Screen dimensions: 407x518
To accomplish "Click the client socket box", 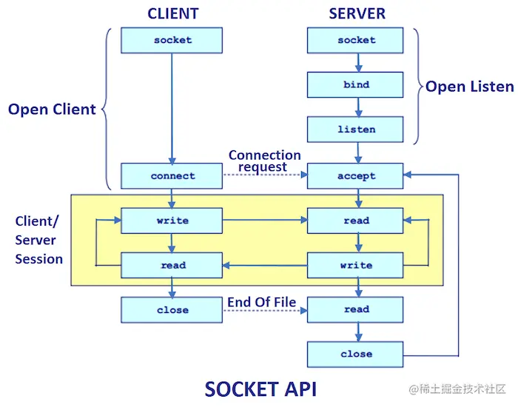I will (172, 40).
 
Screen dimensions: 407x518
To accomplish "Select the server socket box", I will (356, 40).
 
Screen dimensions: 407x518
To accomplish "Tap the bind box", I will (356, 85).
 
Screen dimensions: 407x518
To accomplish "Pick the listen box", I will (356, 129).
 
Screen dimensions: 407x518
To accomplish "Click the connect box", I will (172, 176).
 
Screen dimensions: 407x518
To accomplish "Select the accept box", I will (356, 176).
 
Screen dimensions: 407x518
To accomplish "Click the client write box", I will (172, 221).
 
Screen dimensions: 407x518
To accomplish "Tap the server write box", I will (356, 265).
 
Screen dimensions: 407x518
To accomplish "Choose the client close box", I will (172, 310).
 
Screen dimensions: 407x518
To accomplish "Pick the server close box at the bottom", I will (356, 354).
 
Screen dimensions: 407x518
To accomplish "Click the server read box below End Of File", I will (356, 309).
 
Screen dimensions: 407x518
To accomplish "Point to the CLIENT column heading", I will (172, 13).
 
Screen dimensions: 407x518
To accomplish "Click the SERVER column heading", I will (357, 13).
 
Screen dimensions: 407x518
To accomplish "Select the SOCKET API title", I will (260, 388).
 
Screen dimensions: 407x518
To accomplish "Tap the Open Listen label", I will (469, 87).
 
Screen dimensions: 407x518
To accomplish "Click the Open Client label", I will (52, 110).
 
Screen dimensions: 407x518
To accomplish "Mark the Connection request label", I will (264, 161).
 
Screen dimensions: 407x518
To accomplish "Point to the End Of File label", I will (261, 301).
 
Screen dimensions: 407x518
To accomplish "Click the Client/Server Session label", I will (38, 240).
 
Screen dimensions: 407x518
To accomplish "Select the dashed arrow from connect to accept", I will (264, 176).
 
